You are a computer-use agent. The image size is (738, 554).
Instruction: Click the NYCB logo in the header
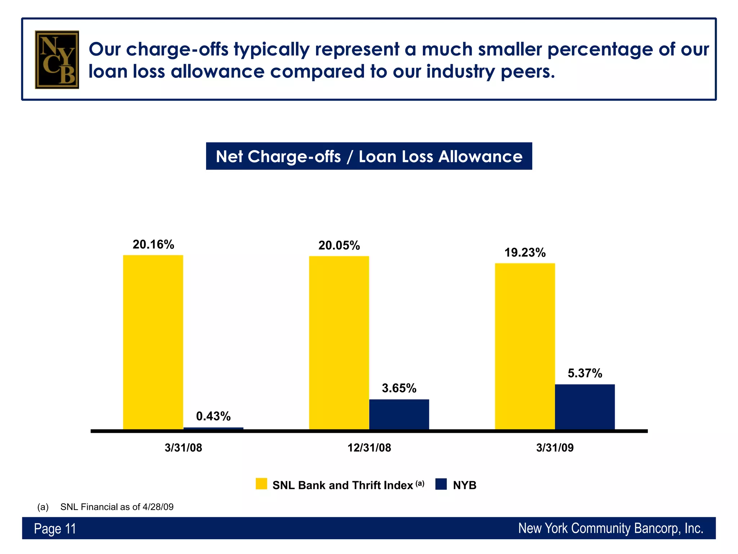(57, 60)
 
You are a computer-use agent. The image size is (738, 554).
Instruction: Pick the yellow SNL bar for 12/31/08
(339, 343)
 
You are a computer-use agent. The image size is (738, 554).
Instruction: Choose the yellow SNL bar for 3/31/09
(525, 346)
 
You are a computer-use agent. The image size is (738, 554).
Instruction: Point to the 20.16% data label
(153, 245)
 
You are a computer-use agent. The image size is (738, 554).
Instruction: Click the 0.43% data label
(213, 416)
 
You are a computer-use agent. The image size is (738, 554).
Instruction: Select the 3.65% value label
(399, 388)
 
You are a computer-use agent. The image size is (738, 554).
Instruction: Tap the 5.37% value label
(584, 373)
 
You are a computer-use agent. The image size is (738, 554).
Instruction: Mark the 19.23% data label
(525, 252)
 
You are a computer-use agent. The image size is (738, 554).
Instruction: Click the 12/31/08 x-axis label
(369, 448)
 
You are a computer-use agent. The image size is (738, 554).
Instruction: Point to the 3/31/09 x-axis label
(555, 448)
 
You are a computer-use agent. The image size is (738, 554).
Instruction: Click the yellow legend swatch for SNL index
(261, 484)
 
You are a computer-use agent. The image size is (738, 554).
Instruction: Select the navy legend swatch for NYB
(441, 484)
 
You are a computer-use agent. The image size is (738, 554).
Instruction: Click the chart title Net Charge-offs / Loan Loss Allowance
(369, 156)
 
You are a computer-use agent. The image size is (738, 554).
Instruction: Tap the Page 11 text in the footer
(55, 529)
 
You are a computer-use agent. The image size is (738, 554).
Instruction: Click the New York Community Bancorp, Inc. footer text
(610, 528)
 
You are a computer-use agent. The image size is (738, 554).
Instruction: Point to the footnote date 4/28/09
(158, 507)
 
